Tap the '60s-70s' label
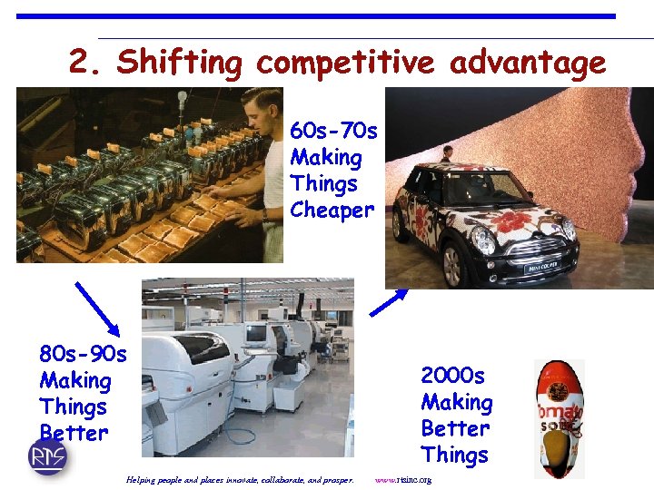(x=333, y=132)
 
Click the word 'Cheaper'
(x=332, y=211)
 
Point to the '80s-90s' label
(x=83, y=353)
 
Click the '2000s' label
(x=452, y=376)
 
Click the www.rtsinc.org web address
(x=402, y=479)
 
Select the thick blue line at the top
(x=315, y=16)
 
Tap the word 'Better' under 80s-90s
(x=74, y=433)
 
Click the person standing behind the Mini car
(x=446, y=153)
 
